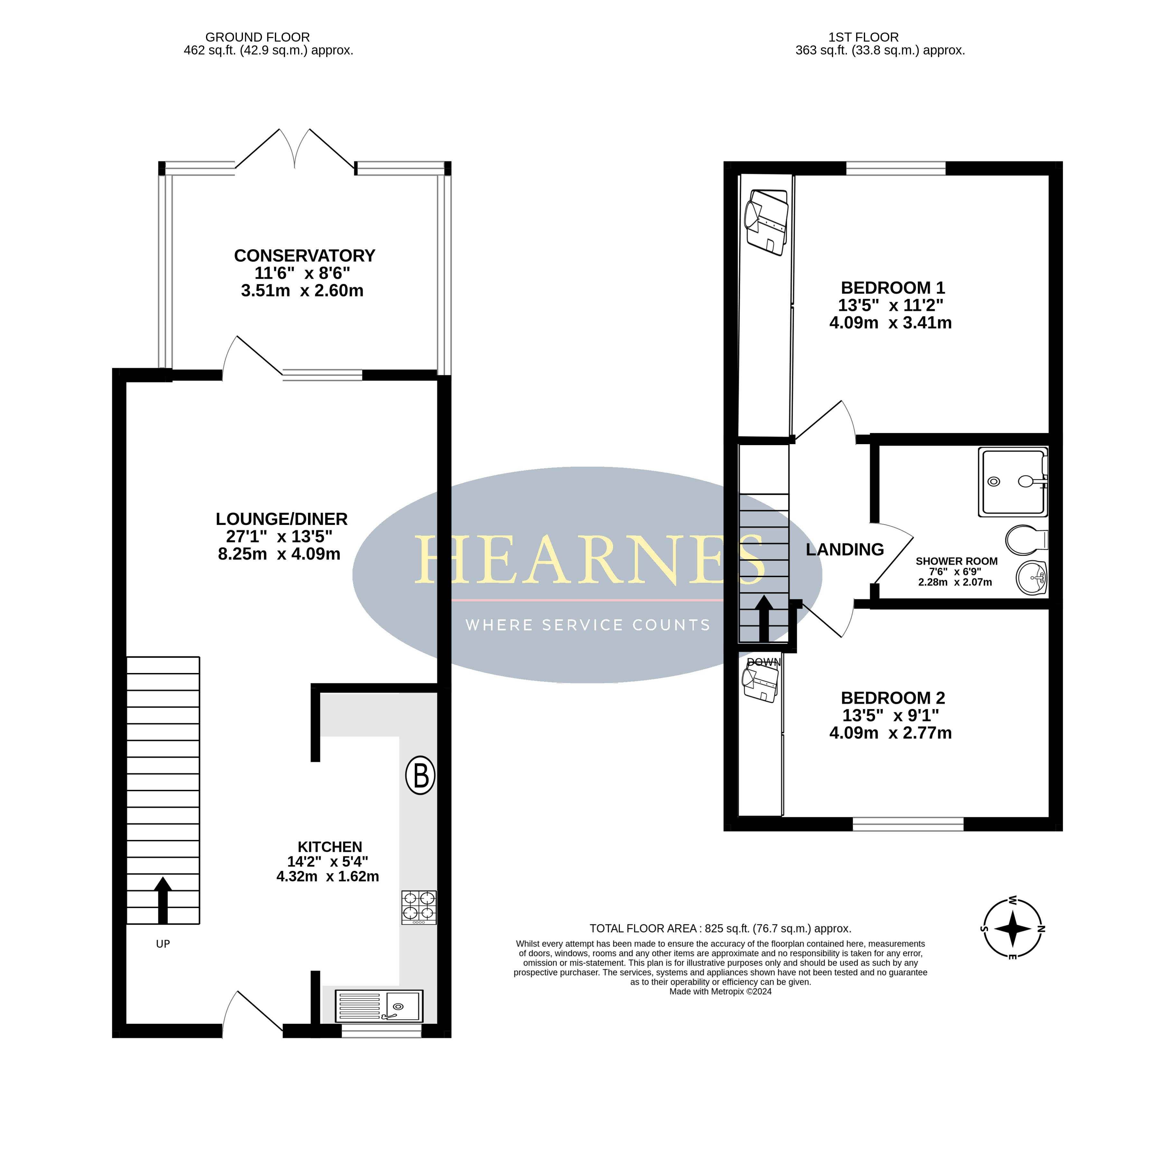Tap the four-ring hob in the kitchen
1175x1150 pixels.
tap(419, 907)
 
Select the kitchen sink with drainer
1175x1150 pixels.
tap(378, 1005)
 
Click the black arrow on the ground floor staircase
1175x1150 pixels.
tap(163, 900)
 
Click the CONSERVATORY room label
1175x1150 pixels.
tap(304, 256)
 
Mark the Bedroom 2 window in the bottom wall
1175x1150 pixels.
tap(908, 824)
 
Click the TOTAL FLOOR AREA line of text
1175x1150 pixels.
tap(720, 928)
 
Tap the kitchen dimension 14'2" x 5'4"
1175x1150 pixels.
tap(327, 861)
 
